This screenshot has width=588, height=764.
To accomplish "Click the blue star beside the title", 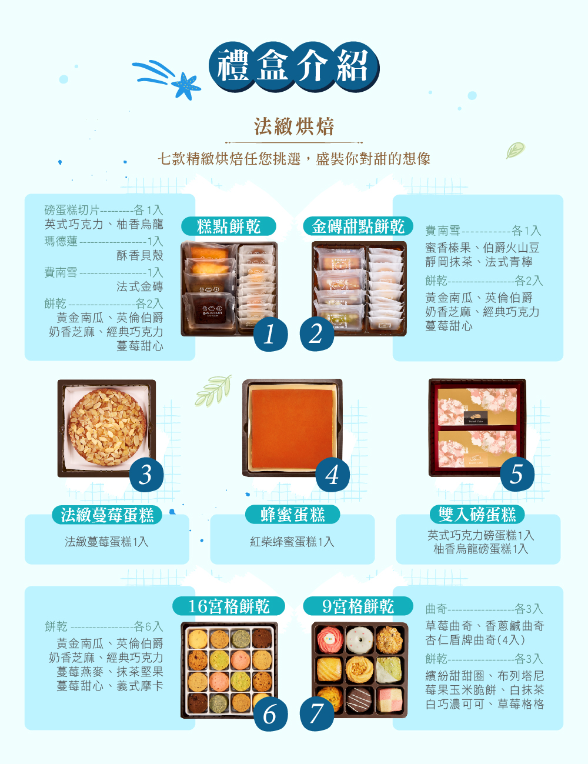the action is (x=186, y=86).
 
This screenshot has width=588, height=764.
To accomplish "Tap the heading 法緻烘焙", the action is (x=294, y=126).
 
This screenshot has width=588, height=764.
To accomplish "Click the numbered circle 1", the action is (x=270, y=334).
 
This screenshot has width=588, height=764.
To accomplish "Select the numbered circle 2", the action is (x=317, y=333).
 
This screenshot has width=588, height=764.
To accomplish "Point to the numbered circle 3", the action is (x=146, y=475).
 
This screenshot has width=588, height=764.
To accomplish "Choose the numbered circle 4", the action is (x=332, y=475).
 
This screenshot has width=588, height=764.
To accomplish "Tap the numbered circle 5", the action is (x=517, y=474).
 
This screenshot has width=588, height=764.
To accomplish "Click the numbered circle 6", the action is (x=270, y=714).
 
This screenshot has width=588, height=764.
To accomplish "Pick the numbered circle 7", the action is (x=317, y=714).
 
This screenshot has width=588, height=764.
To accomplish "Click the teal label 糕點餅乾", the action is (x=229, y=226).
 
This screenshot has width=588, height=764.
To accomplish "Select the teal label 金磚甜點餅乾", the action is (x=358, y=226).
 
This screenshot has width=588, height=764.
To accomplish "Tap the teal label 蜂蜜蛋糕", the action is (x=292, y=515).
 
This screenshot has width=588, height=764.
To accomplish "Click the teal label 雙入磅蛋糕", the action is (x=477, y=515).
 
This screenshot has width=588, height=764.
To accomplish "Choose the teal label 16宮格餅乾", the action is (x=229, y=606).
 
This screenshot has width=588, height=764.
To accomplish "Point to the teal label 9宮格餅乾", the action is (x=358, y=606).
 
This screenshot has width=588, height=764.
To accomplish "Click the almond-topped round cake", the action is (x=106, y=427).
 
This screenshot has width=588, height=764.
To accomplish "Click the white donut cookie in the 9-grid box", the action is (x=359, y=640).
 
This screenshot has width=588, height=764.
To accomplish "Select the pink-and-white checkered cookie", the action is (x=389, y=700).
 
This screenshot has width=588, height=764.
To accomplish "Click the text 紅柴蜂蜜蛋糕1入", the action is (x=292, y=542).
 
